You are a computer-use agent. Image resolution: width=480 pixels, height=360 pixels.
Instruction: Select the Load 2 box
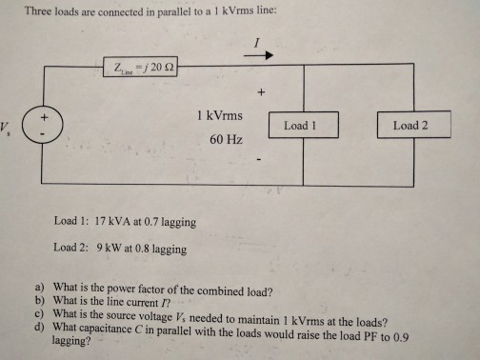(410, 126)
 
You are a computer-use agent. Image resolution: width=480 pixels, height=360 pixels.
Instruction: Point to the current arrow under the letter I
(257, 56)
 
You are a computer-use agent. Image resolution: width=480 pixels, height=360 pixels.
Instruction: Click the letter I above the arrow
(257, 42)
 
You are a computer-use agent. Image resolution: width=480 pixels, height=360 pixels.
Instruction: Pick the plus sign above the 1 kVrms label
(258, 93)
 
